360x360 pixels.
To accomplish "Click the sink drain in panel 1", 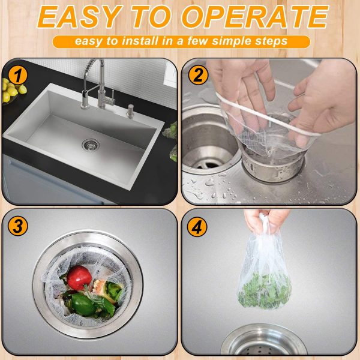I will [x=91, y=144].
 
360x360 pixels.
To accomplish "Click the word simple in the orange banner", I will [x=243, y=42].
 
